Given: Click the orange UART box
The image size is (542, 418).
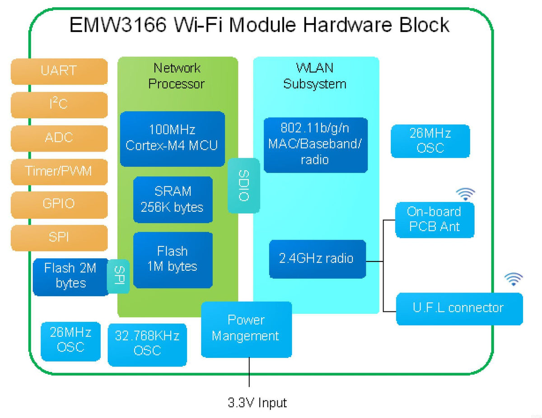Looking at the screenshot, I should pos(59,71).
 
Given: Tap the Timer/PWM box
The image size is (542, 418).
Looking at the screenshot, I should pos(59,172).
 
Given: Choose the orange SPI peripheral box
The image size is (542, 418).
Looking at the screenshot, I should pos(59,237).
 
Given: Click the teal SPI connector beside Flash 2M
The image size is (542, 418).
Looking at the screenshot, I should pos(119,276).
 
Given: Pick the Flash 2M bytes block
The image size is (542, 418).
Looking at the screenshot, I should pos(70,276).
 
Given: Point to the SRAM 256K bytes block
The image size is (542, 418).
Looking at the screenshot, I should pos(173,200).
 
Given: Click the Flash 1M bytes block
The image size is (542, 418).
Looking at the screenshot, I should pos(173,260).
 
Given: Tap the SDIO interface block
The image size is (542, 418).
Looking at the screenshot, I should pos(244,186).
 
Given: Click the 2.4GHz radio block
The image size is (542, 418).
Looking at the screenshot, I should pos(317,259).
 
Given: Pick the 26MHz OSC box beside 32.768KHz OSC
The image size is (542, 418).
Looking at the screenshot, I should pos(70,341).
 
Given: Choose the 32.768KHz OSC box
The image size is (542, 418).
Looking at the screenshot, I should pos(147,344).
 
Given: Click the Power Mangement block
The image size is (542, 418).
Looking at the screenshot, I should pos(246,329).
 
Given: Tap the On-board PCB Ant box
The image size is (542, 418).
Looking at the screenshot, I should pos(434,219).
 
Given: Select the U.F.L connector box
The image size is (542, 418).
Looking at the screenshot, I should pos(459,308).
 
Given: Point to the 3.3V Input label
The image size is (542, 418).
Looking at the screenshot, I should pos(257,402).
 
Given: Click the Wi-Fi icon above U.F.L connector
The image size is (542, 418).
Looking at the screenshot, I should pos(513,279).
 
